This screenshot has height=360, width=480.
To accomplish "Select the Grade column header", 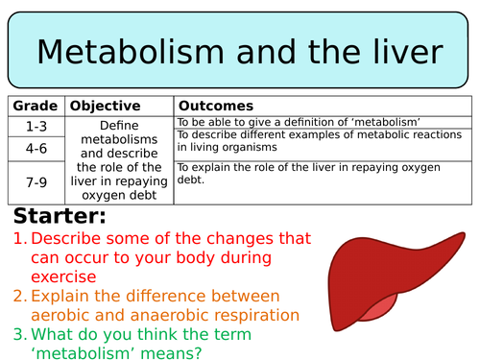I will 36,106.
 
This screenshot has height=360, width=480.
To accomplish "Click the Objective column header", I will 106,106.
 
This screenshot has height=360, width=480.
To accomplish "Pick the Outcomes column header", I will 216,106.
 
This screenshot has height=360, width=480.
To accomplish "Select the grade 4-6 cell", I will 36,148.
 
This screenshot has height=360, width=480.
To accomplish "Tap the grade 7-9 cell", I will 36,181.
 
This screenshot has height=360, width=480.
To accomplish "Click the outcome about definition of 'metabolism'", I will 300,122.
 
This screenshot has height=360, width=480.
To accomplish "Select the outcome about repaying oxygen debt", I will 322,173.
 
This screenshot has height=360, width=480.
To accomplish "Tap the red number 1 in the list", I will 18,238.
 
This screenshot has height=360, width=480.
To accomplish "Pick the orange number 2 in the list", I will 18,296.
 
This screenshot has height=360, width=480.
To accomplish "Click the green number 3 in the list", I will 18,333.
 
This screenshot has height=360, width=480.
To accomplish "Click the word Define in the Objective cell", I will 118,124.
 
